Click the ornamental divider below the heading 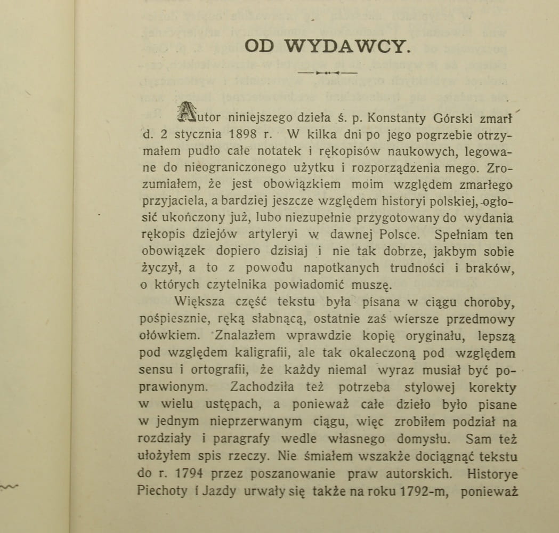[x=327, y=72]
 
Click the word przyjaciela [x=172, y=201]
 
